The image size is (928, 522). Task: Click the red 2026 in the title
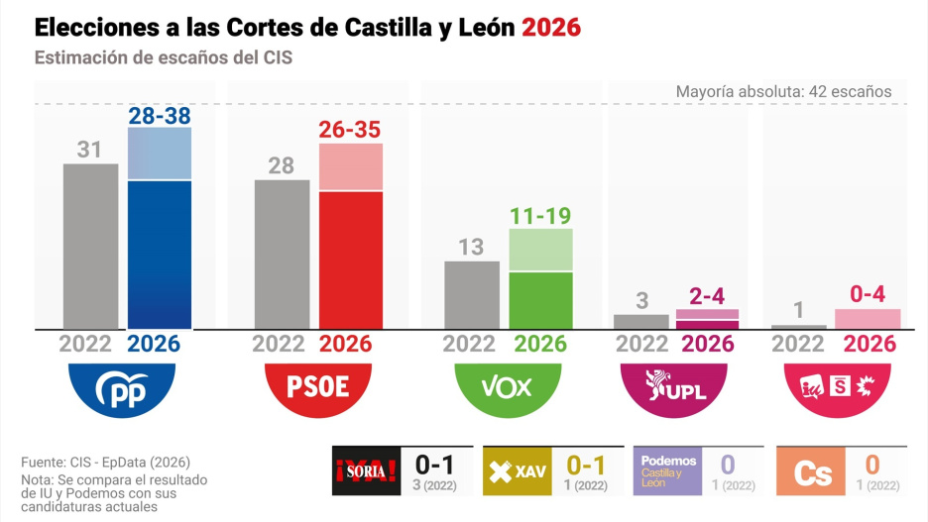pyautogui.click(x=551, y=27)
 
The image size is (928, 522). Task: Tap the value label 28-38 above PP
pyautogui.click(x=160, y=116)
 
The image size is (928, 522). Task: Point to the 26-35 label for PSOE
pyautogui.click(x=350, y=130)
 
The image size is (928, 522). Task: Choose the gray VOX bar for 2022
pyautogui.click(x=471, y=294)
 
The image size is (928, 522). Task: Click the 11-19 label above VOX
pyautogui.click(x=540, y=216)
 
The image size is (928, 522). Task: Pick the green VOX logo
pyautogui.click(x=506, y=385)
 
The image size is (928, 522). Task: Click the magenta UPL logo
pyautogui.click(x=676, y=385)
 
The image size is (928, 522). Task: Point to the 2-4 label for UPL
pyautogui.click(x=708, y=296)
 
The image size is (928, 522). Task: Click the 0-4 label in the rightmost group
pyautogui.click(x=868, y=295)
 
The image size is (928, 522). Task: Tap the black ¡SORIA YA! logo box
pyautogui.click(x=366, y=470)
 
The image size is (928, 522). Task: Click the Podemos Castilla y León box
pyautogui.click(x=667, y=470)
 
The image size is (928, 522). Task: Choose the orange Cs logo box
pyautogui.click(x=813, y=471)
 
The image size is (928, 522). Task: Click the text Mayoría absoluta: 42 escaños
pyautogui.click(x=783, y=92)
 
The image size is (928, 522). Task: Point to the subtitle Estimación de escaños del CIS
pyautogui.click(x=163, y=57)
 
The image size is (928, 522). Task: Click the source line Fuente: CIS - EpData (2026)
pyautogui.click(x=105, y=463)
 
